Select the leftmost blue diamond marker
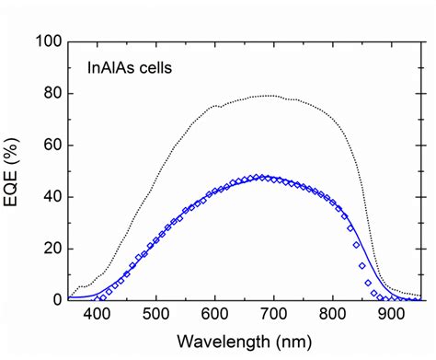tap(99, 298)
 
